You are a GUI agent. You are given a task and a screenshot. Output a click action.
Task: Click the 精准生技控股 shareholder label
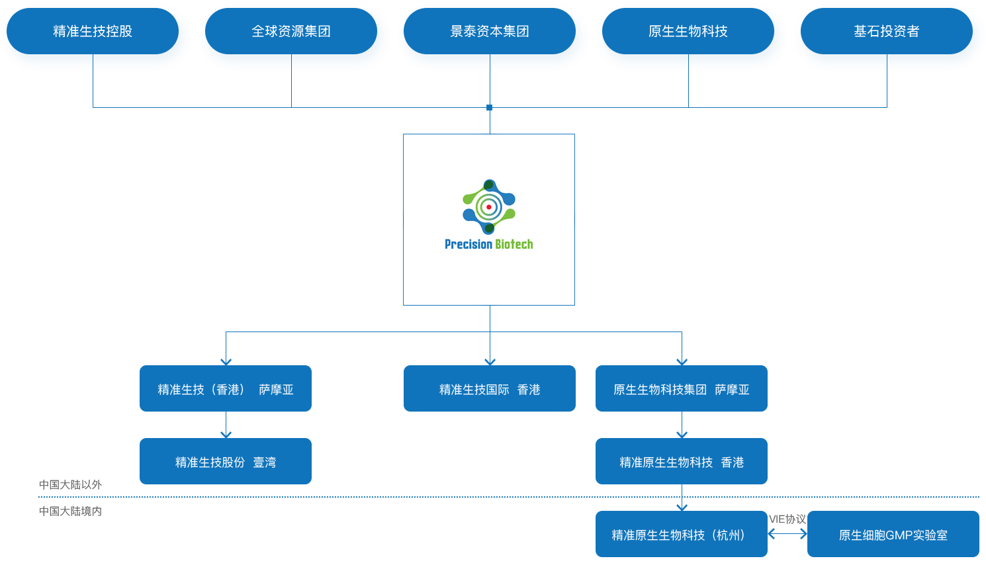pyautogui.click(x=93, y=31)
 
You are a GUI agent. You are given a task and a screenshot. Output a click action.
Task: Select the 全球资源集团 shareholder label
pyautogui.click(x=291, y=31)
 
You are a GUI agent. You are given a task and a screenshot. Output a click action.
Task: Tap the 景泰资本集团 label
pyautogui.click(x=490, y=31)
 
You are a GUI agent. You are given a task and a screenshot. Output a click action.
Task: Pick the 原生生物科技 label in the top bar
pyautogui.click(x=688, y=31)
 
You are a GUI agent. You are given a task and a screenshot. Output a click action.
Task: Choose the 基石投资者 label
pyautogui.click(x=887, y=31)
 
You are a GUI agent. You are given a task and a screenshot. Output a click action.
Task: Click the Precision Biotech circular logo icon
pyautogui.click(x=489, y=207)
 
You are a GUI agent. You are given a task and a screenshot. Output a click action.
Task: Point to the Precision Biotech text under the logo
pyautogui.click(x=489, y=244)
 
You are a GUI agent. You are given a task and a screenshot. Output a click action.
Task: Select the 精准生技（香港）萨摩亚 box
pyautogui.click(x=226, y=389)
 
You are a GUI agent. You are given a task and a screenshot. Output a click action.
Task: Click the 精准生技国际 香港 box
pyautogui.click(x=490, y=389)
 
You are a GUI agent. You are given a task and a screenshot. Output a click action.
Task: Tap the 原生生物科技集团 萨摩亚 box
pyautogui.click(x=682, y=389)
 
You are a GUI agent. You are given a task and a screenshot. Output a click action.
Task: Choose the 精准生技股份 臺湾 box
pyautogui.click(x=226, y=462)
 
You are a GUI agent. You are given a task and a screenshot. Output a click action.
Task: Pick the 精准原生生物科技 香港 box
pyautogui.click(x=682, y=462)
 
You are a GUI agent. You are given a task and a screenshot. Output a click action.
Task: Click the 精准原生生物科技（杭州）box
pyautogui.click(x=682, y=535)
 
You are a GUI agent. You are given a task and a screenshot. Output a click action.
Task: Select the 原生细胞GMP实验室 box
pyautogui.click(x=893, y=535)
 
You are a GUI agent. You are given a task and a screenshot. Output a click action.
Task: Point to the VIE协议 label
pyautogui.click(x=787, y=519)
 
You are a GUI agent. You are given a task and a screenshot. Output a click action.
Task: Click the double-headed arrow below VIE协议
pyautogui.click(x=787, y=533)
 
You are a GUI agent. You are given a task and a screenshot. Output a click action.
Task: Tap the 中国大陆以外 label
pyautogui.click(x=70, y=485)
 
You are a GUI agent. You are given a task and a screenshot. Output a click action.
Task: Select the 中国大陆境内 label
pyautogui.click(x=70, y=510)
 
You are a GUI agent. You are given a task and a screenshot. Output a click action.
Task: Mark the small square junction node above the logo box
pyautogui.click(x=490, y=107)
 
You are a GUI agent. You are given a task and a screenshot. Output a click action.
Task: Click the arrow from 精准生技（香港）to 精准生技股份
pyautogui.click(x=226, y=425)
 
